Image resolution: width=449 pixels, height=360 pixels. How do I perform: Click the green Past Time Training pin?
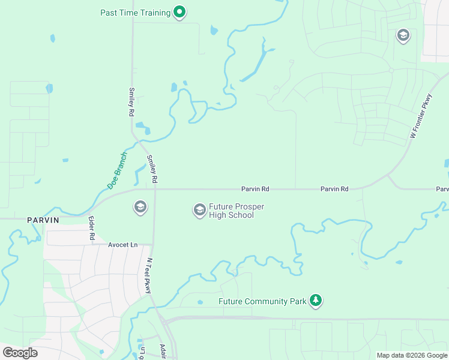click(x=179, y=12)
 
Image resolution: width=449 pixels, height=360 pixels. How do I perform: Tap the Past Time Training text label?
click(x=136, y=13)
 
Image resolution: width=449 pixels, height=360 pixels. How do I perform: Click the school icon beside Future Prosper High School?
click(x=199, y=210)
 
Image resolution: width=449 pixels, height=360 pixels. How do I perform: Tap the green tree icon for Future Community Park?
click(x=316, y=301)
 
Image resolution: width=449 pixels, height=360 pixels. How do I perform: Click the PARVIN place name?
click(x=43, y=220)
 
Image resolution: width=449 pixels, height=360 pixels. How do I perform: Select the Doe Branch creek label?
click(x=117, y=170)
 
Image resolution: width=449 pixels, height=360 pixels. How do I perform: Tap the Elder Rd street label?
click(x=92, y=229)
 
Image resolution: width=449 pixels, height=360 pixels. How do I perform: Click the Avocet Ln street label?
click(x=122, y=245)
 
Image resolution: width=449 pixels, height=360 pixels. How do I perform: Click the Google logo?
click(x=20, y=353)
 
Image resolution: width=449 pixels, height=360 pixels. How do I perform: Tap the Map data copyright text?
click(x=412, y=355)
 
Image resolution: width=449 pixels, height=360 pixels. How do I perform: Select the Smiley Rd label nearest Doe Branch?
click(x=152, y=169)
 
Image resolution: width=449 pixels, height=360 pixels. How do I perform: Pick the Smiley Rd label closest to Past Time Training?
click(x=131, y=102)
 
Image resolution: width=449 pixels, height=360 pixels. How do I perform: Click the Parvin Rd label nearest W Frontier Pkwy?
click(x=334, y=189)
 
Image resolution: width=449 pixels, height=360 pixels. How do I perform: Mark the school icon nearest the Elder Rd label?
click(x=140, y=208)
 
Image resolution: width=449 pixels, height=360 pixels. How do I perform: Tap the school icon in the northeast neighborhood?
click(x=403, y=37)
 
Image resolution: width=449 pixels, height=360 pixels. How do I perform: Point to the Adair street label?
click(x=164, y=351)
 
